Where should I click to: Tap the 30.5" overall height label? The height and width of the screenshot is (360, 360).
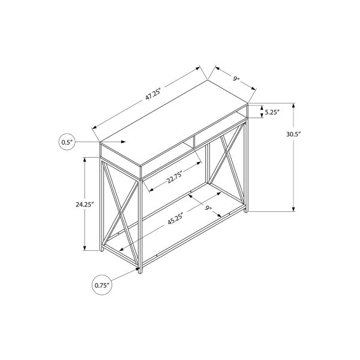click(x=293, y=134)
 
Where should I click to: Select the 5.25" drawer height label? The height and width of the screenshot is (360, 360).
click(x=272, y=112)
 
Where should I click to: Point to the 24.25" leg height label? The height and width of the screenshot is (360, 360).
click(x=85, y=205)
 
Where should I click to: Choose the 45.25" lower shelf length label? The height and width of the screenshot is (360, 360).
click(x=175, y=219)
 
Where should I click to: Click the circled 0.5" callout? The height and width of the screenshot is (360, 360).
click(x=67, y=142)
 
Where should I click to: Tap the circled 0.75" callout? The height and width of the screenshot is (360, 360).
click(x=102, y=285)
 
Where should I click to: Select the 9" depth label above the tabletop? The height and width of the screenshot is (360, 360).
click(x=236, y=79)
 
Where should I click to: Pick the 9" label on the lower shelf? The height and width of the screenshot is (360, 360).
click(x=208, y=208)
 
